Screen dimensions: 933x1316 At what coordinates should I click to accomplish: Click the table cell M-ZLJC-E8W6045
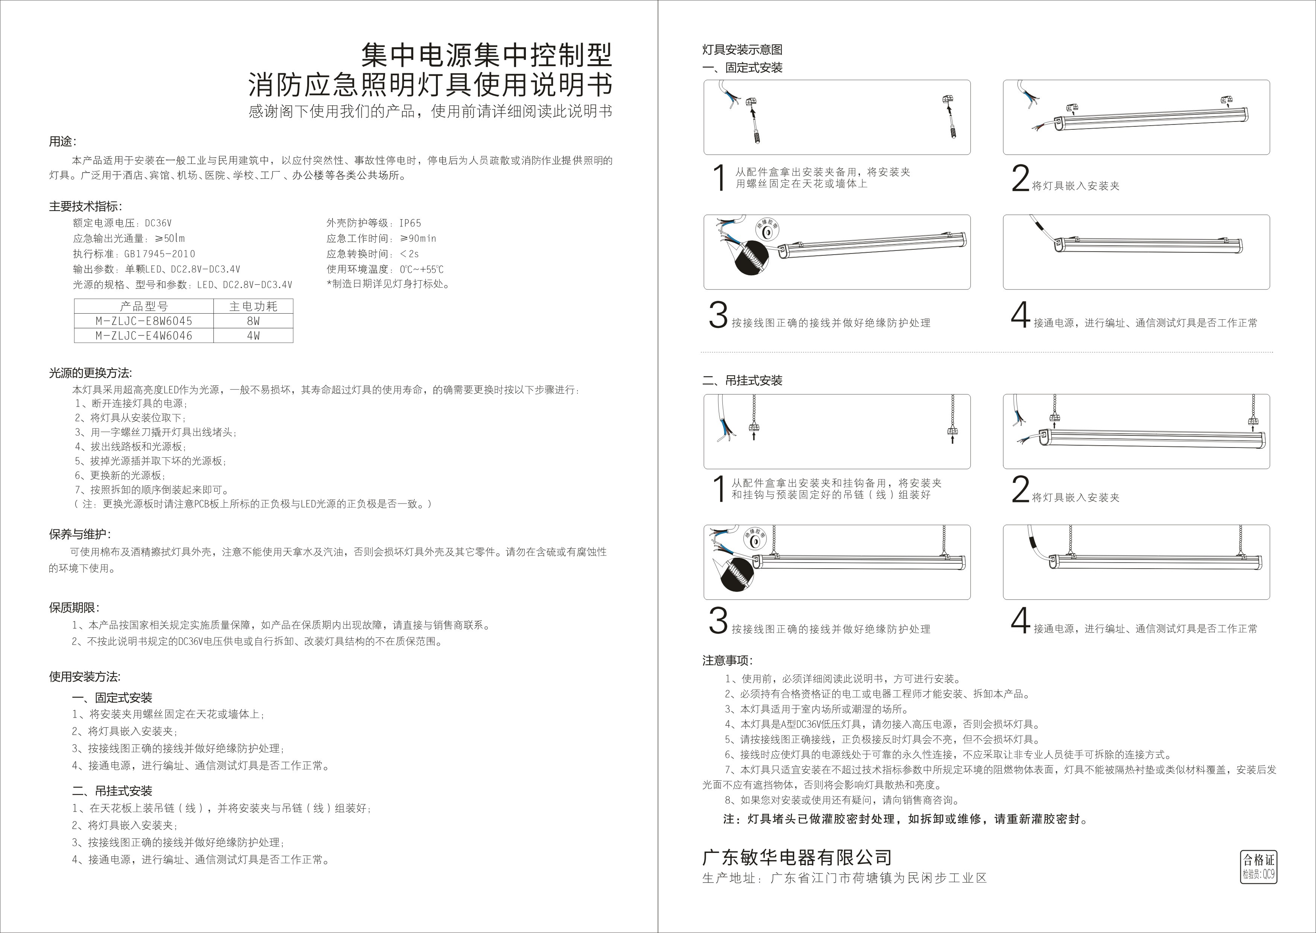[144, 321]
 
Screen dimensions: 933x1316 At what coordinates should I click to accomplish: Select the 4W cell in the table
[253, 335]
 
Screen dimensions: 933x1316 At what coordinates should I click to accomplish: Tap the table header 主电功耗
[253, 306]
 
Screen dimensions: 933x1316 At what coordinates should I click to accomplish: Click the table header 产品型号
[144, 306]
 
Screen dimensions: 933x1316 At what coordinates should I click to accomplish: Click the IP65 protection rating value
[410, 223]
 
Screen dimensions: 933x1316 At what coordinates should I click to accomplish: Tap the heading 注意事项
[727, 661]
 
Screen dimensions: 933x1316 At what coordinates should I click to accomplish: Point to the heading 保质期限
[73, 607]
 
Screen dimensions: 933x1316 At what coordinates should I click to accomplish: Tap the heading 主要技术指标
[85, 206]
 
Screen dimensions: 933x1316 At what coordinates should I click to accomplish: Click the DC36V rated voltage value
[158, 223]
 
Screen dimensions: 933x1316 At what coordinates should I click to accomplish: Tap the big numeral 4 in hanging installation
[1020, 620]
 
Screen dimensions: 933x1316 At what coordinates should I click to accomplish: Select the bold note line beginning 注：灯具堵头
[906, 819]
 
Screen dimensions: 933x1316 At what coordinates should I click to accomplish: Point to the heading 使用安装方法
[85, 677]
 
